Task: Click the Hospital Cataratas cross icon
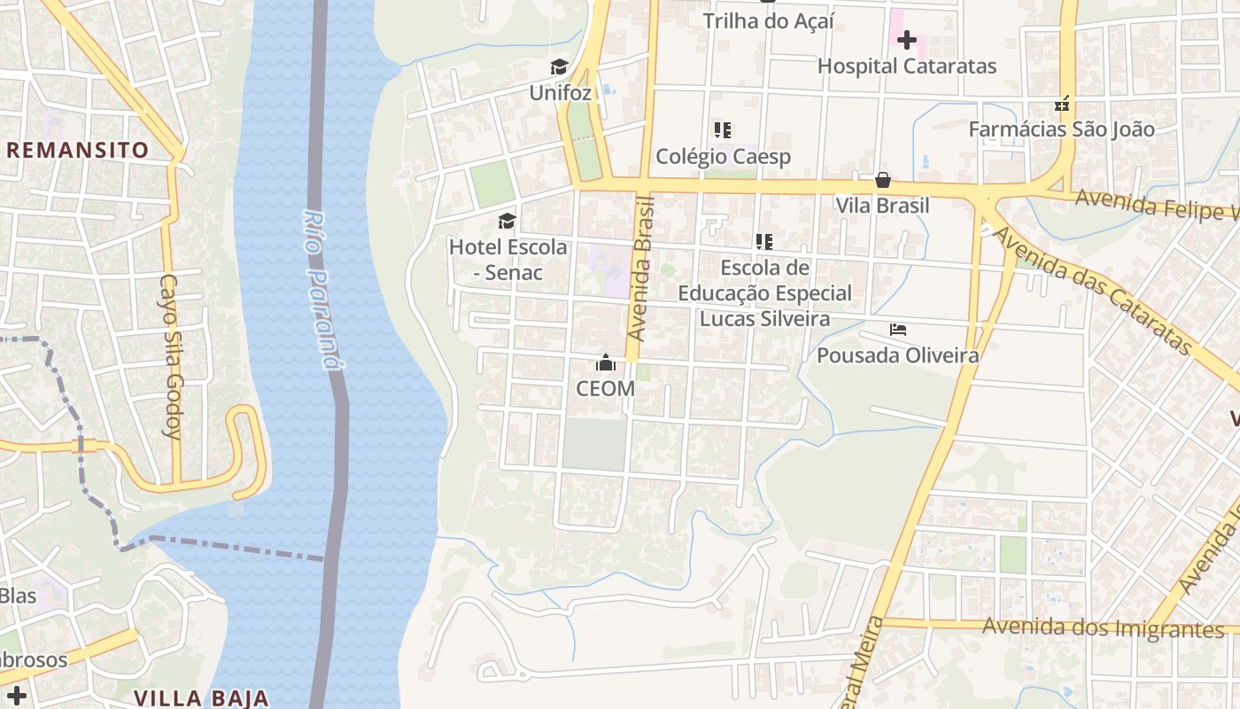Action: tap(906, 40)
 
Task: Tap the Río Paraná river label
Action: tap(322, 288)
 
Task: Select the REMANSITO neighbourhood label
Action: tap(78, 150)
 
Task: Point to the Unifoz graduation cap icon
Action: tap(559, 67)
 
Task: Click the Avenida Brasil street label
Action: tap(640, 269)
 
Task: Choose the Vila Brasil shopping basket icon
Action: tap(883, 180)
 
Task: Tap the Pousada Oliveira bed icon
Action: tap(897, 330)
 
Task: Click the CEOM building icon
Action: tap(606, 362)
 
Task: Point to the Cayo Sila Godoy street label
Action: tap(171, 356)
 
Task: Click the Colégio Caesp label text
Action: tap(723, 157)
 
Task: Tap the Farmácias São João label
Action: tap(1061, 129)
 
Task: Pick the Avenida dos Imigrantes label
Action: tap(1103, 628)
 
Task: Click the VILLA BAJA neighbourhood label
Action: tap(201, 697)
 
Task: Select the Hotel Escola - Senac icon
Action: tap(507, 221)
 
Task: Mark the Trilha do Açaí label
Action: tap(768, 21)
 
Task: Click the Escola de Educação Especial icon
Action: tap(764, 241)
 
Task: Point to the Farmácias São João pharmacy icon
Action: tap(1064, 104)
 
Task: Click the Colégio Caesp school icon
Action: tap(723, 130)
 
